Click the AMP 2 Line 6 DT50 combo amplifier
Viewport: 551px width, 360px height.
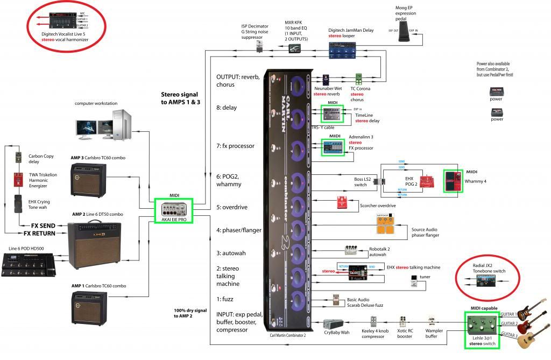(95, 245)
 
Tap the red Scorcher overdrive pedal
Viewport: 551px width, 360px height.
(343, 203)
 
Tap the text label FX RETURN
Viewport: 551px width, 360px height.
(41, 234)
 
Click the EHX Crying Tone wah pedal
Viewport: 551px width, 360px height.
(19, 205)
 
